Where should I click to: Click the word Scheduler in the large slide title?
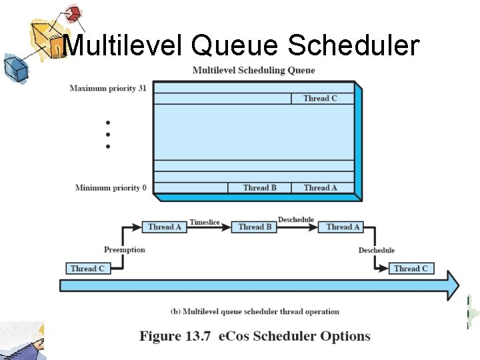(353, 45)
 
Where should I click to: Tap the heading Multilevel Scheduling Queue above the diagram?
(253, 70)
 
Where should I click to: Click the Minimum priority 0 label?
(111, 188)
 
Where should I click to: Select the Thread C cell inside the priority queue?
(320, 99)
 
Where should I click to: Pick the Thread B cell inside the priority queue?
(260, 188)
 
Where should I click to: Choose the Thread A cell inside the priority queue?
(320, 188)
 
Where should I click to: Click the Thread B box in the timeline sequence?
(255, 227)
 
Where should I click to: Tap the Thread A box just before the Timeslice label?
(165, 227)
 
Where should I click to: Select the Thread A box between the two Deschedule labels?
(343, 227)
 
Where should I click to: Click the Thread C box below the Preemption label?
(87, 269)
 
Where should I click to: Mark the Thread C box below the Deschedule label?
(411, 269)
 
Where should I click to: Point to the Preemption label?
(124, 250)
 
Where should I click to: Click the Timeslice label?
(205, 222)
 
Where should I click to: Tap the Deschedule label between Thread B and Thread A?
(296, 220)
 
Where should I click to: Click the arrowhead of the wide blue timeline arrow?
(452, 285)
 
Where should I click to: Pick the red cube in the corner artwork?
(74, 13)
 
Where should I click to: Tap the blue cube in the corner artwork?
(13, 67)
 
